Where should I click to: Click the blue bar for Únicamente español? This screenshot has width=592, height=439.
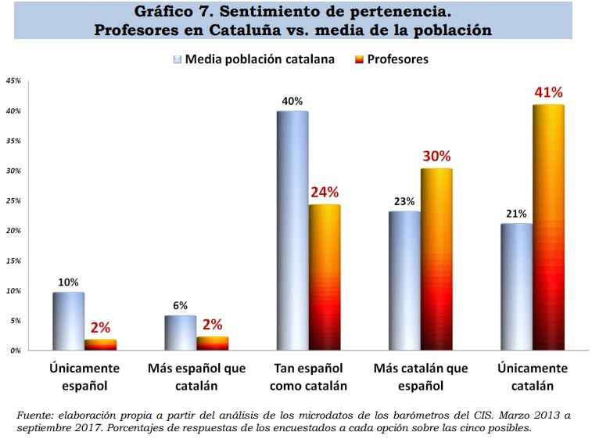[x=68, y=321]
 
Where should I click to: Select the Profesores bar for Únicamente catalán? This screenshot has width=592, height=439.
[x=547, y=227]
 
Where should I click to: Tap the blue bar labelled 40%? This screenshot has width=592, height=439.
[x=292, y=231]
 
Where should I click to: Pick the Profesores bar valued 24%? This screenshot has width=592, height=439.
[x=324, y=277]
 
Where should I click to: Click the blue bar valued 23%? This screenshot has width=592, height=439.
[x=404, y=280]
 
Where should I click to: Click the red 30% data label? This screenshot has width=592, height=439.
[x=437, y=157]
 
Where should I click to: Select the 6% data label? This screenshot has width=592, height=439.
[x=181, y=306]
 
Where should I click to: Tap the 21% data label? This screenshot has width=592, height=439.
[x=516, y=214]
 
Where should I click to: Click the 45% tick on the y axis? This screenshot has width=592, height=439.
[x=13, y=81]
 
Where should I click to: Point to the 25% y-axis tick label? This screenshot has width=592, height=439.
[x=13, y=201]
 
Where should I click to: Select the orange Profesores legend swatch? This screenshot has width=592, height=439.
[x=360, y=59]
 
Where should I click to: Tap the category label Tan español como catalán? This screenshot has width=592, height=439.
[x=308, y=376]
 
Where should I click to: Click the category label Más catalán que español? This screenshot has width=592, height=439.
[x=420, y=376]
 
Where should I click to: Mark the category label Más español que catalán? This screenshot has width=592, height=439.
[x=196, y=376]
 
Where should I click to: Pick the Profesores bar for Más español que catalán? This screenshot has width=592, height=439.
[x=212, y=343]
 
